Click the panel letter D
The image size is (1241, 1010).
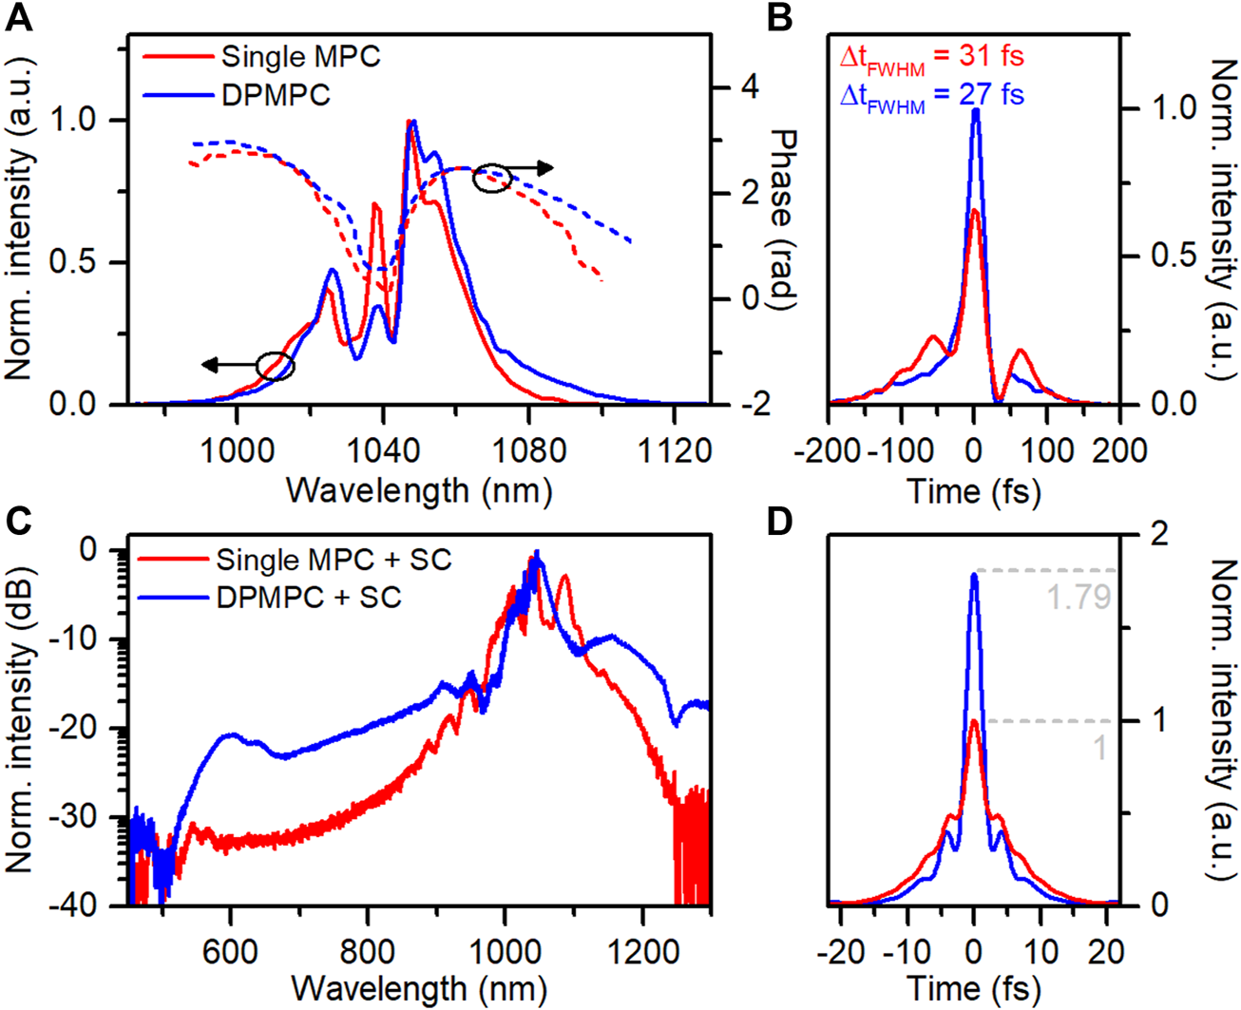[x=779, y=522]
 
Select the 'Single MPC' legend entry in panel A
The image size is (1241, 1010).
[x=300, y=56]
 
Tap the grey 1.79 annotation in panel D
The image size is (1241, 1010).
[x=1079, y=597]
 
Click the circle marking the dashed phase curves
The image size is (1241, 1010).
[x=492, y=178]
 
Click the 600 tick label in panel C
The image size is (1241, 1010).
[x=230, y=953]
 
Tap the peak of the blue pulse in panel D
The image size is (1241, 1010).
[x=974, y=574]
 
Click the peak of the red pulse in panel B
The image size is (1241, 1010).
[x=975, y=211]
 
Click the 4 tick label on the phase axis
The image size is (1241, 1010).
[x=750, y=87]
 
